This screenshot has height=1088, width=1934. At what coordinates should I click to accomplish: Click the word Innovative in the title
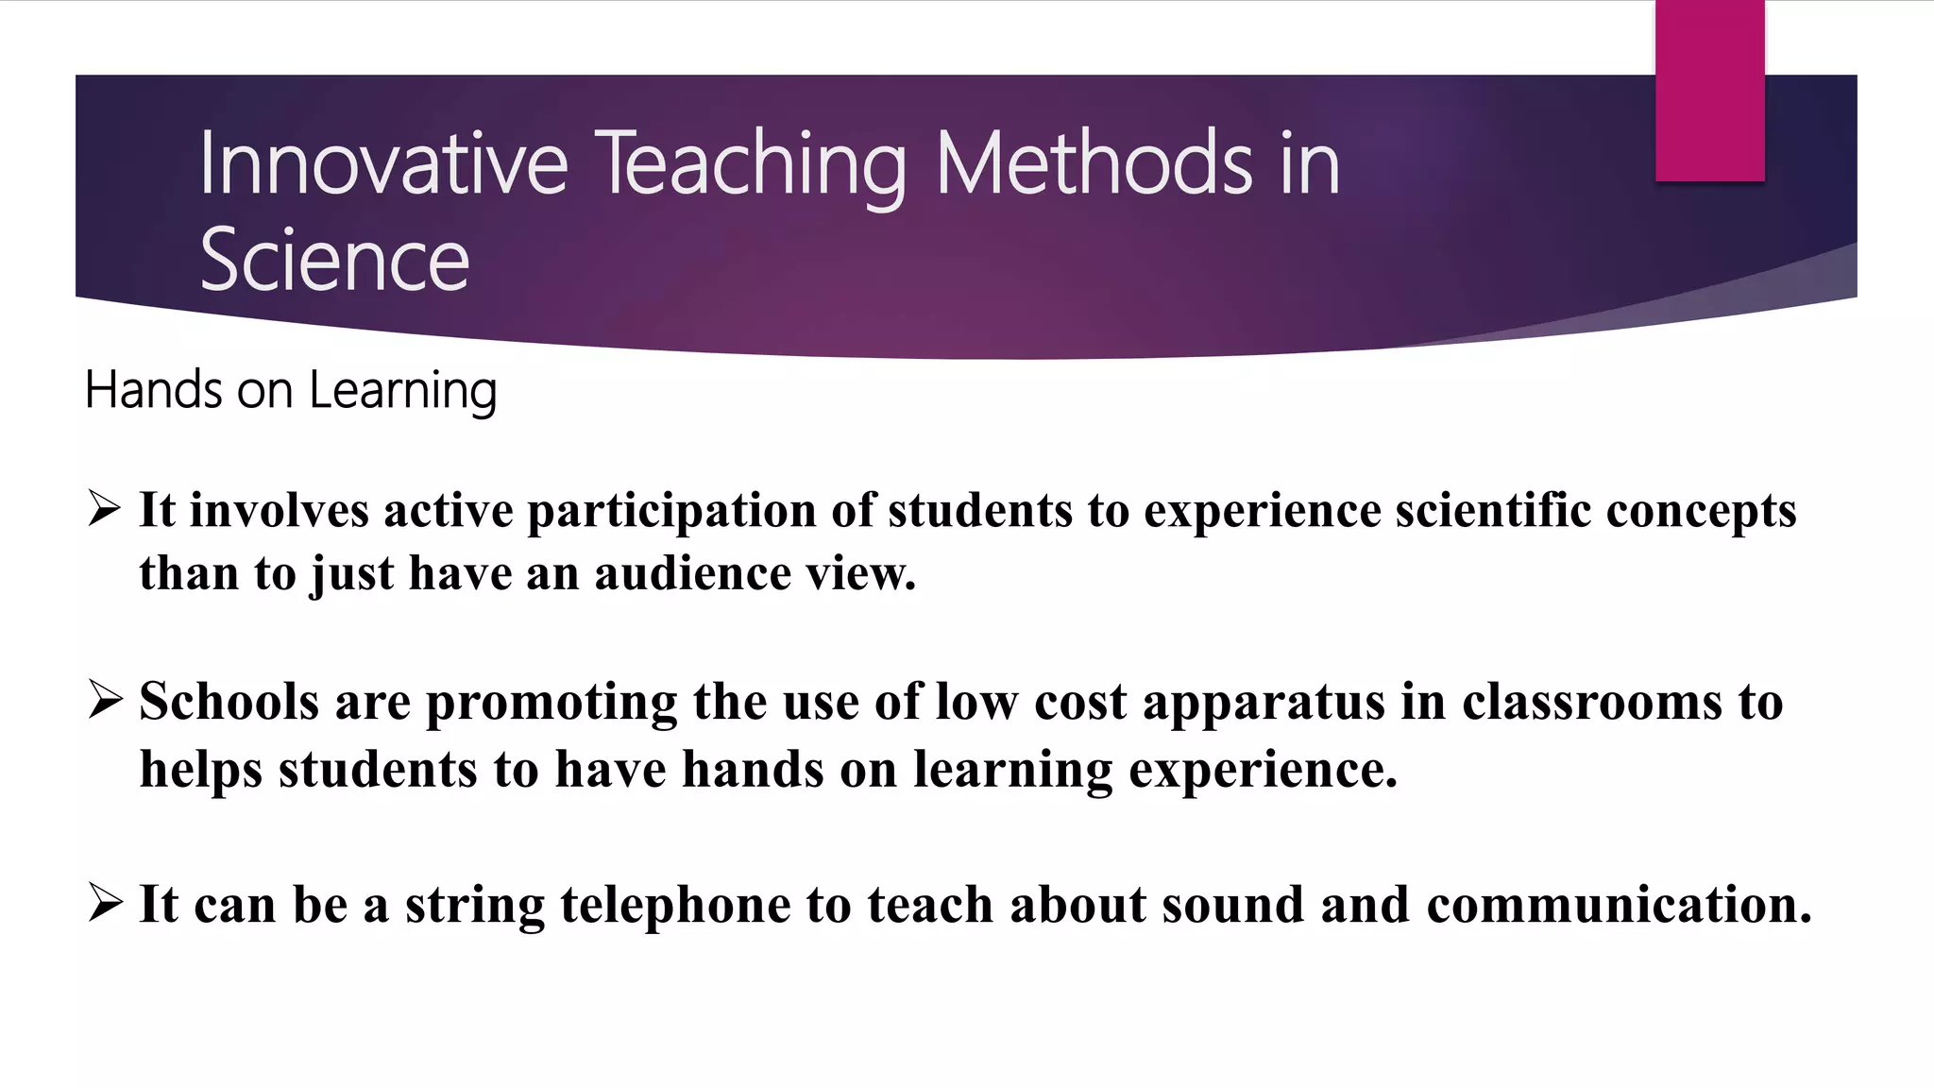[382, 164]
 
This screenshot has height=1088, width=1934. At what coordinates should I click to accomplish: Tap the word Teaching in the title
[751, 166]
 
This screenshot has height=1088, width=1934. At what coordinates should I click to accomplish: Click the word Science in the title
[334, 261]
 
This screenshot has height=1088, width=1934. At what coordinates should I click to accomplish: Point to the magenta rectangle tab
[1709, 91]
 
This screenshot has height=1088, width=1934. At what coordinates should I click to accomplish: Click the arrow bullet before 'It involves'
[104, 508]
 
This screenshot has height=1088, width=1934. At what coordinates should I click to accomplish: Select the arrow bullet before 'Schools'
[104, 700]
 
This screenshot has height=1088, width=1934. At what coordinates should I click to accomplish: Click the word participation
[671, 512]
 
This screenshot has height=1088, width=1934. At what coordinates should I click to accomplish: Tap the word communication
[1619, 905]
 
